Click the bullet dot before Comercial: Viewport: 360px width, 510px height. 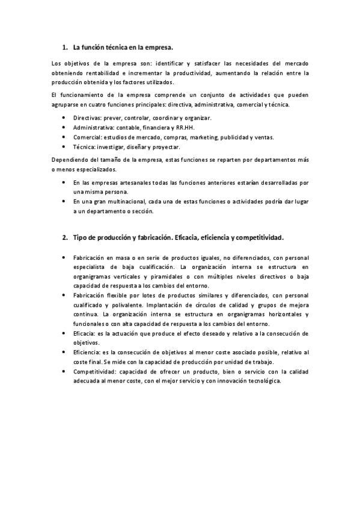[x=65, y=137]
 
